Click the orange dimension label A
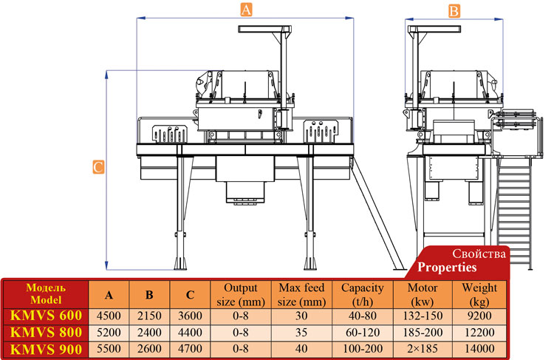tap(247, 10)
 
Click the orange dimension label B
tap(454, 10)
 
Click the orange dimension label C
tap(98, 167)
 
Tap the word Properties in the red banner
tap(448, 267)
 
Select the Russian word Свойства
tap(480, 254)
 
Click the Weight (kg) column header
tap(479, 294)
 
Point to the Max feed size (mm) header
tap(302, 294)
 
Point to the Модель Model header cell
tap(45, 293)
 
